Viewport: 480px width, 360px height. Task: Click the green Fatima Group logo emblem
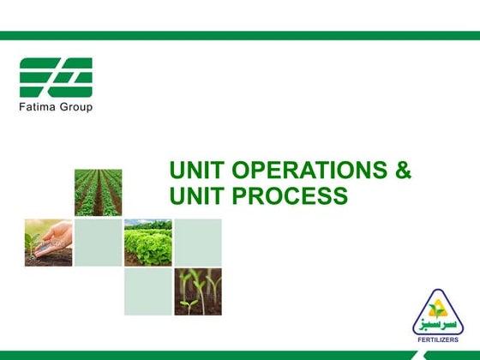coord(56,78)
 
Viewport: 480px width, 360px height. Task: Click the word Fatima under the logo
coord(37,107)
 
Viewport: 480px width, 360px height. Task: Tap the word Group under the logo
coord(74,107)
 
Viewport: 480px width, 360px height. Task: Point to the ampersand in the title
coord(402,171)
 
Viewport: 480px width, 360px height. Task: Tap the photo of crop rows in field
coord(98,192)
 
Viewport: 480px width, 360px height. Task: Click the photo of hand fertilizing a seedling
coord(48,242)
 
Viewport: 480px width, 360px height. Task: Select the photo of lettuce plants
coord(147,242)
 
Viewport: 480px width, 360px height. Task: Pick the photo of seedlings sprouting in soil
coord(198,291)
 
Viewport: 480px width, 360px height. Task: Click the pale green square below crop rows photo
coord(98,242)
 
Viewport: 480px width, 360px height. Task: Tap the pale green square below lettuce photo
coord(147,291)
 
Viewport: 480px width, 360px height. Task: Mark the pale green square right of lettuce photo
coord(198,242)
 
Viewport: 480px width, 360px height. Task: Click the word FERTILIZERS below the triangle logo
coord(438,339)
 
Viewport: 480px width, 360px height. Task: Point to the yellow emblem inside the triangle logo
coord(438,308)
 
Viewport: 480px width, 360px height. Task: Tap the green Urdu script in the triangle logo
coord(438,325)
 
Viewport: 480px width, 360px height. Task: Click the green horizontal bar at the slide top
coord(240,36)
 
